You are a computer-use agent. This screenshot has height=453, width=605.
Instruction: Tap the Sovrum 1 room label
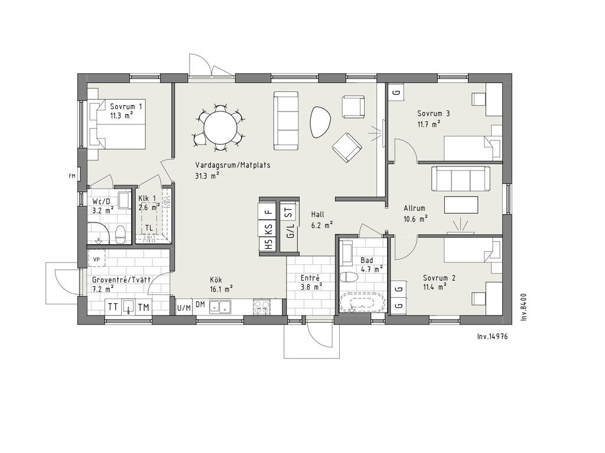126,106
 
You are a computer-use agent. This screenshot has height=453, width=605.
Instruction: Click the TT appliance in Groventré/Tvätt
113,307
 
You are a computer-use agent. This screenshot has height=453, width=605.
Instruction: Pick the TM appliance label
144,307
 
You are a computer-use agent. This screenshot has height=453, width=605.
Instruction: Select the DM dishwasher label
200,304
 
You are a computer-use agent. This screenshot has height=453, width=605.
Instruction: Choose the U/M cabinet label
184,308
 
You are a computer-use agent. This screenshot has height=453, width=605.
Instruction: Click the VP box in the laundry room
96,259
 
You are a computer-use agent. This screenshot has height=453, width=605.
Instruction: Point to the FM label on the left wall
71,176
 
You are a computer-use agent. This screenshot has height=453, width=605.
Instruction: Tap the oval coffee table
320,122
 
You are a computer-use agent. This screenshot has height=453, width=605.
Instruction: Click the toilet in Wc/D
121,234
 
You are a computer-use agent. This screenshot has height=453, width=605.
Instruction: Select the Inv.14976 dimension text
492,336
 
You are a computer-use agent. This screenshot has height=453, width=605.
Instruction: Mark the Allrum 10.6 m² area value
415,219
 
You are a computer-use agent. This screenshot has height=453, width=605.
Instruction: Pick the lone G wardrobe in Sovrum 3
396,93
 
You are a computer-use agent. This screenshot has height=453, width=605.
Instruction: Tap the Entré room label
310,278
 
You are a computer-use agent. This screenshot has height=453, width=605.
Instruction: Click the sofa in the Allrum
461,178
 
